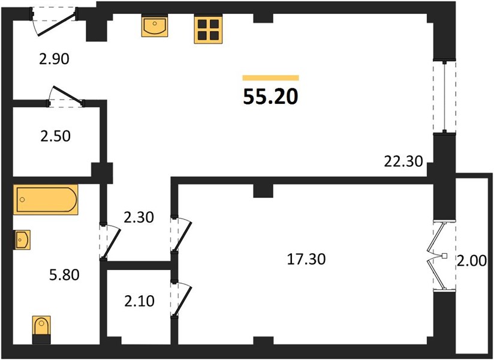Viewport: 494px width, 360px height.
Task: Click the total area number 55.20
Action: (x=270, y=97)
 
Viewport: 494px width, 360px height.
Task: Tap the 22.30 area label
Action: (x=403, y=162)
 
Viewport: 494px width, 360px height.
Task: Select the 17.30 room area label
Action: (x=306, y=259)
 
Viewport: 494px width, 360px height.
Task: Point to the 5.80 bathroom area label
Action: (x=64, y=275)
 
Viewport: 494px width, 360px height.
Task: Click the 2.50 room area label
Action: (x=55, y=136)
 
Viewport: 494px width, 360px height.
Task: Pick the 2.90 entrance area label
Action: (x=54, y=59)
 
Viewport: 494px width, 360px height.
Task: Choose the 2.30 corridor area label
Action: (x=138, y=218)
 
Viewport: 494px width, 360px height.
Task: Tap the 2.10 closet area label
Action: (x=139, y=301)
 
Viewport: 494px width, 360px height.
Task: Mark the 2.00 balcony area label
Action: (x=472, y=262)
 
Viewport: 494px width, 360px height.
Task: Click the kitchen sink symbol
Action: (x=155, y=26)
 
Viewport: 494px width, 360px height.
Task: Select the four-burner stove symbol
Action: (x=208, y=29)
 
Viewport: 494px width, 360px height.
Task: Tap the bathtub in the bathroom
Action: (x=46, y=200)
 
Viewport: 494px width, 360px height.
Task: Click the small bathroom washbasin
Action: (x=22, y=240)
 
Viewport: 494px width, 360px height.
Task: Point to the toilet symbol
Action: (x=41, y=330)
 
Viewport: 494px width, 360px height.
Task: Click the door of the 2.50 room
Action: (x=66, y=96)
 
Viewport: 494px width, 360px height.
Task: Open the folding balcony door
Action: (x=439, y=256)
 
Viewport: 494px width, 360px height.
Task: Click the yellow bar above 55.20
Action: (x=270, y=78)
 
